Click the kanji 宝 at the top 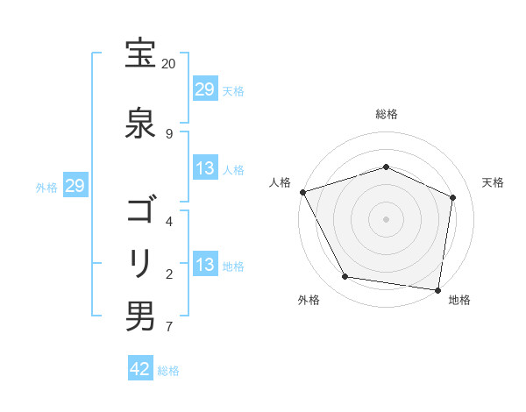coord(140,53)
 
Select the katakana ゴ coord(140,211)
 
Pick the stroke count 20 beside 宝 coord(169,64)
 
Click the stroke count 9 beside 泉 coord(169,133)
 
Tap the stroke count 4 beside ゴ coord(169,221)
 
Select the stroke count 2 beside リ coord(169,273)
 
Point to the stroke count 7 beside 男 coord(169,327)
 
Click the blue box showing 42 coord(140,369)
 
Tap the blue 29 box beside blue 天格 coord(205,89)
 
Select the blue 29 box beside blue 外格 coord(75,186)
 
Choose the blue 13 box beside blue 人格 coord(205,169)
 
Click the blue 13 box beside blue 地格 coord(205,266)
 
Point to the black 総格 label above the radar coord(387,114)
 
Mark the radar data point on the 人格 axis coord(302,192)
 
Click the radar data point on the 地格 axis coord(438,289)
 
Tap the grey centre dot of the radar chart coord(387,218)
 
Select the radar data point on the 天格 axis coord(452,197)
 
